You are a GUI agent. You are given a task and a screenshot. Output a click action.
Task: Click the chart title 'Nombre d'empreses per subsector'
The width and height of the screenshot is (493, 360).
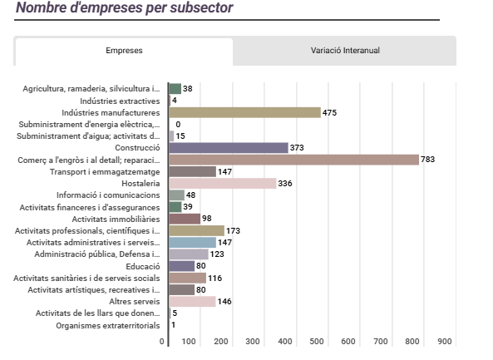point(125,8)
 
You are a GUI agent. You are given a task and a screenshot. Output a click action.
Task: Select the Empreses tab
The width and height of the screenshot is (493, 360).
point(124,51)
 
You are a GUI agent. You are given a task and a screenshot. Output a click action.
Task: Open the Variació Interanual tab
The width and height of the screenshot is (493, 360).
point(344,51)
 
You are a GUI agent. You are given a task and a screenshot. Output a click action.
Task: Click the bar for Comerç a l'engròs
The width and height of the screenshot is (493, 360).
point(293,160)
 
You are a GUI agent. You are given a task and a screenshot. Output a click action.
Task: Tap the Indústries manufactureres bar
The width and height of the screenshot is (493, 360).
point(244,112)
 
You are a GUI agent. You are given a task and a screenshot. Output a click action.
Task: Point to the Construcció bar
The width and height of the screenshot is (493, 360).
point(229,148)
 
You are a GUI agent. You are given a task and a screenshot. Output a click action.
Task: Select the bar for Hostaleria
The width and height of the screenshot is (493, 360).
point(222,183)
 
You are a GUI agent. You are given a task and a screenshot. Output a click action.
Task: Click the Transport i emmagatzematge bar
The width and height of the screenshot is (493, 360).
point(192,171)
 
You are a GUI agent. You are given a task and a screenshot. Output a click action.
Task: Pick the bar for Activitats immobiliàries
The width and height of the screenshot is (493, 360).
point(185,219)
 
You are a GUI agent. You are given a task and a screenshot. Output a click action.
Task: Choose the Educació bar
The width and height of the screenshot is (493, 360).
point(181,266)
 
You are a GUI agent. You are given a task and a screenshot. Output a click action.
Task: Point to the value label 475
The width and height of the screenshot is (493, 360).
point(329,112)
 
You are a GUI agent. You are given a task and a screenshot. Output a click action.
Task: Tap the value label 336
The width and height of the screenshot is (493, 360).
point(285,183)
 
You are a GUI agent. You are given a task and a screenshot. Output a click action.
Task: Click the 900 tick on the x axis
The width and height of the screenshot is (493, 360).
point(444,342)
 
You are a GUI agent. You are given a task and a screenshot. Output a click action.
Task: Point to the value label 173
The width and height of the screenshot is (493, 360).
point(233,230)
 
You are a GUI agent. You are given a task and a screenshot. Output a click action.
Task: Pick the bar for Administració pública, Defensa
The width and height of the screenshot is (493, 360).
point(189,254)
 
